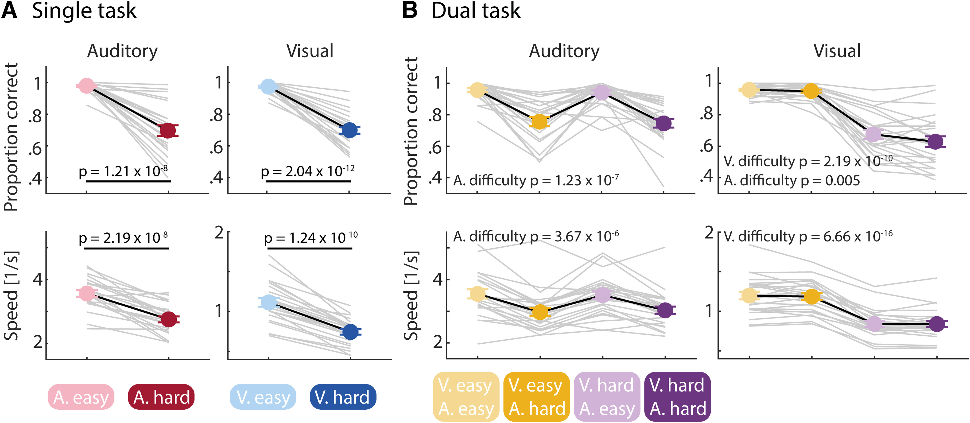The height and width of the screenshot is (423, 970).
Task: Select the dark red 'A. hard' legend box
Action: click(161, 397)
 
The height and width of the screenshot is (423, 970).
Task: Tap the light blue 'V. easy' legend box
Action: click(263, 397)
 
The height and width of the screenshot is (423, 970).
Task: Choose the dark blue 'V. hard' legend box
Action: click(343, 397)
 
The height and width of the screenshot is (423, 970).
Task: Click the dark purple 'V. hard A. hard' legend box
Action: click(677, 397)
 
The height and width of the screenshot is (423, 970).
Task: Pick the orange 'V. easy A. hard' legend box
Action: click(537, 397)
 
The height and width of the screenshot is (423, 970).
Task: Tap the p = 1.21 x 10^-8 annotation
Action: click(123, 171)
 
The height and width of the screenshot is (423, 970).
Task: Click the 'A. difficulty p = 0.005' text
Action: click(792, 181)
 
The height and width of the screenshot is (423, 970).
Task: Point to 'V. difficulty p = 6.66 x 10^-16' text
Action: click(808, 237)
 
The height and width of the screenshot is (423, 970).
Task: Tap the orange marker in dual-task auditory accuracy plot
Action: click(539, 122)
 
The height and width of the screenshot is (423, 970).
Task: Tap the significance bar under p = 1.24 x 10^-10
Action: click(310, 248)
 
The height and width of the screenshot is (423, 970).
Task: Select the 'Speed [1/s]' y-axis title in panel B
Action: click(411, 296)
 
